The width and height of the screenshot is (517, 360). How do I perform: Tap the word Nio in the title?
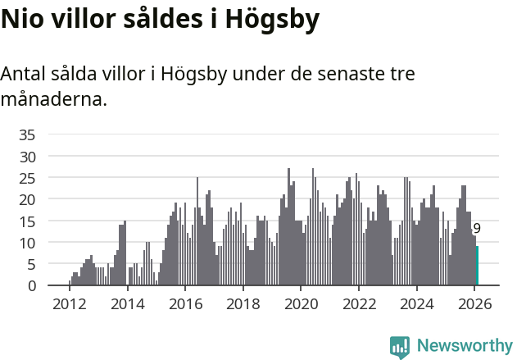tap(25, 21)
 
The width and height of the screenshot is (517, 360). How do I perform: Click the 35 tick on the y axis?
tap(28, 134)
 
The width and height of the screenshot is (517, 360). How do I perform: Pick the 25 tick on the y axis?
tap(28, 178)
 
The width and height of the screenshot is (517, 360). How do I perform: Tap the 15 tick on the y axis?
tap(28, 221)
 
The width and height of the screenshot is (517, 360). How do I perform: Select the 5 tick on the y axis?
tap(31, 264)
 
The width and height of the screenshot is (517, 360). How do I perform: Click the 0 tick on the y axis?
tap(31, 285)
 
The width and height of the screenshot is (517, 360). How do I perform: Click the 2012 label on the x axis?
tap(69, 303)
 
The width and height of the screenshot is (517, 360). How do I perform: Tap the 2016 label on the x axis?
tap(185, 303)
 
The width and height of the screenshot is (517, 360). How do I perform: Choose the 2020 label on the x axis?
tap(301, 303)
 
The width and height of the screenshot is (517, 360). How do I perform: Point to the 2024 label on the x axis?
tap(417, 303)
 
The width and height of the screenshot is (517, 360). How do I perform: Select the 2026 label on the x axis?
tap(475, 303)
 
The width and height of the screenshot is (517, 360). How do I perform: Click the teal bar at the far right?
tap(478, 267)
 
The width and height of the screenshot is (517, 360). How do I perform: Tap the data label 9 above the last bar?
tap(477, 230)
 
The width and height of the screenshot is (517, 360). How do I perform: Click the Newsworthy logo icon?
tap(400, 346)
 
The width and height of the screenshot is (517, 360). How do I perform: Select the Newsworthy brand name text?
tap(465, 345)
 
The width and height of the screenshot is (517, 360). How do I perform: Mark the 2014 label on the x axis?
tap(127, 303)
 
